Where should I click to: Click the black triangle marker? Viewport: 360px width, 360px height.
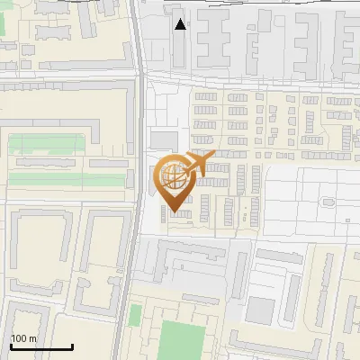[181, 24]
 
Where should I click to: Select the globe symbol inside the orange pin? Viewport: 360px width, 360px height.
[174, 176]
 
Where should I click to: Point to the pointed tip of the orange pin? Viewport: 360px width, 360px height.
[174, 212]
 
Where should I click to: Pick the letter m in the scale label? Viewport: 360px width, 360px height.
[33, 338]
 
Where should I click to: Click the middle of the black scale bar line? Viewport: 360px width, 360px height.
[41, 346]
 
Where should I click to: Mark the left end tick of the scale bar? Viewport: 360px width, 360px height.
[11, 346]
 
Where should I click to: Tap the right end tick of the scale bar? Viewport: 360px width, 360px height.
[72, 346]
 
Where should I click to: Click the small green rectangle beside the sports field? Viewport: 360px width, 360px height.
[135, 316]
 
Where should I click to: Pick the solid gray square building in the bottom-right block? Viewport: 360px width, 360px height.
[260, 310]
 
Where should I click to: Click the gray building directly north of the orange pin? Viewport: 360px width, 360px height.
[164, 139]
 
